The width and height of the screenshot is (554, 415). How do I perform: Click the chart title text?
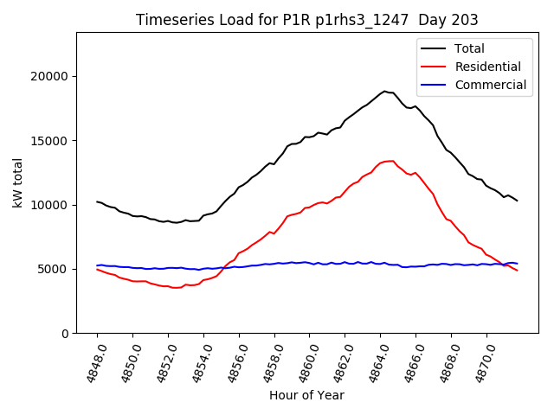point(307,20)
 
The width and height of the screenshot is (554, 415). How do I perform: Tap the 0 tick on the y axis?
point(65,333)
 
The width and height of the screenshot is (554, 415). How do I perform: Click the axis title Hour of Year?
point(306,395)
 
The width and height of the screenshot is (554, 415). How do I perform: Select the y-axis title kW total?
point(18,182)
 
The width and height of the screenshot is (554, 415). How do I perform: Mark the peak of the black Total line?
point(385,91)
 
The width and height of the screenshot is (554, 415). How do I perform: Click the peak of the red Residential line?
point(391,161)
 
